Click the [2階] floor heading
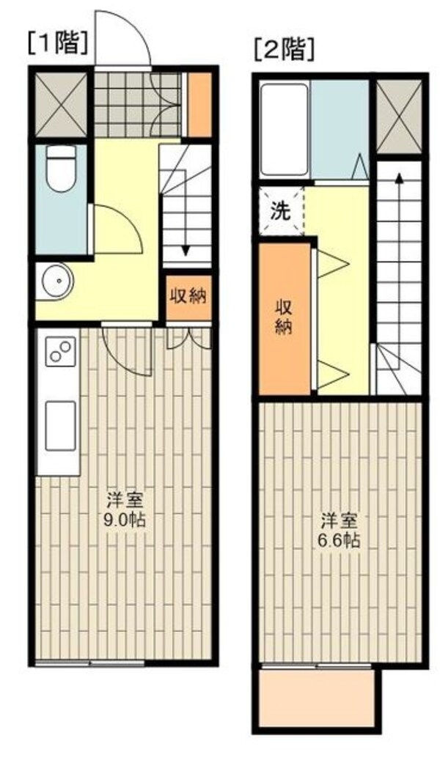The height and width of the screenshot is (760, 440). (284, 49)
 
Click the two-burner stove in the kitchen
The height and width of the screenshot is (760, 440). (61, 351)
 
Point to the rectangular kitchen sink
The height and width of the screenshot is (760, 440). (60, 426)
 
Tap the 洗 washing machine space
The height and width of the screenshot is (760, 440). (280, 211)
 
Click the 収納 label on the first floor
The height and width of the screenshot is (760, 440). (188, 296)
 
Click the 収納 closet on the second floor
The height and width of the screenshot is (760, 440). (285, 317)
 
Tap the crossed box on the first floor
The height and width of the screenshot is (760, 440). (61, 104)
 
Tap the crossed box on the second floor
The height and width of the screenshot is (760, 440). (400, 115)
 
